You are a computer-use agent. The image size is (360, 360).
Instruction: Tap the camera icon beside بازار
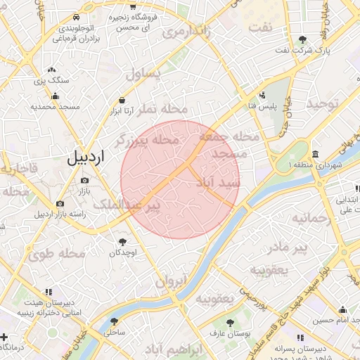click(85, 181)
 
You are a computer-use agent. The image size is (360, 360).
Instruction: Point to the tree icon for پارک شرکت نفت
click(302, 39)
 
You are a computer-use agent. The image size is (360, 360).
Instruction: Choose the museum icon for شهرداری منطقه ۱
click(314, 154)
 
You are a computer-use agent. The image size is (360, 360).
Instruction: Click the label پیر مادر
click(290, 247)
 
